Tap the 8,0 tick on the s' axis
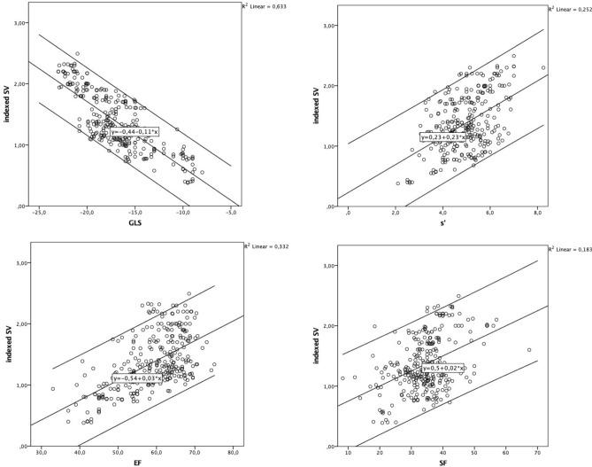point(538,214)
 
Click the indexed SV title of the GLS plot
point(8,115)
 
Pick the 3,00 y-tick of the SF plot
point(334,265)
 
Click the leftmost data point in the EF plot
point(53,388)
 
